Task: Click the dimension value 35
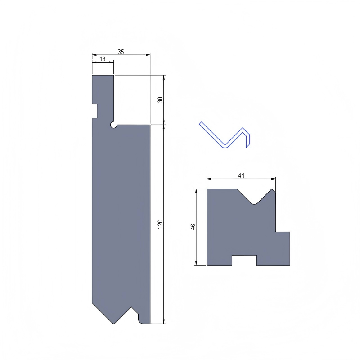[121, 52]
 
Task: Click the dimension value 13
[103, 59]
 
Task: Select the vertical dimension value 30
[160, 100]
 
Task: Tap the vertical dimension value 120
[160, 224]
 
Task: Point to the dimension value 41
[241, 176]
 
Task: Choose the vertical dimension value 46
[193, 227]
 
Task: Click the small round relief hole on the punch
[113, 125]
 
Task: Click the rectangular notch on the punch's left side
[94, 111]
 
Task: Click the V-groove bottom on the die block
[255, 203]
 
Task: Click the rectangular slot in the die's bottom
[244, 260]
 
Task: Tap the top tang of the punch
[103, 90]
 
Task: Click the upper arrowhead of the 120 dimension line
[163, 127]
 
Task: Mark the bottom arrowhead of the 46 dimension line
[197, 262]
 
